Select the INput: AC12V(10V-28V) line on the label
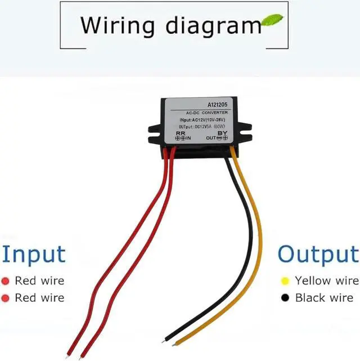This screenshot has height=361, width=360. [201, 121]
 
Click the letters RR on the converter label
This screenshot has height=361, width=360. [181, 133]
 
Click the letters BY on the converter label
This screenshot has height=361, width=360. [222, 133]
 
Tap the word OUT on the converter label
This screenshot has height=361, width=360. [210, 138]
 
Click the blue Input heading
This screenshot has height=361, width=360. [33, 254]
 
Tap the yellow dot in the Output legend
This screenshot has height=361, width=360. [285, 280]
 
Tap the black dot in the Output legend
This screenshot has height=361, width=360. [285, 297]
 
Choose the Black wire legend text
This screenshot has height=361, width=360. [324, 297]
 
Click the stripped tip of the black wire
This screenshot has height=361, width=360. [165, 340]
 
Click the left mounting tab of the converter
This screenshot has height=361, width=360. [154, 132]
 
